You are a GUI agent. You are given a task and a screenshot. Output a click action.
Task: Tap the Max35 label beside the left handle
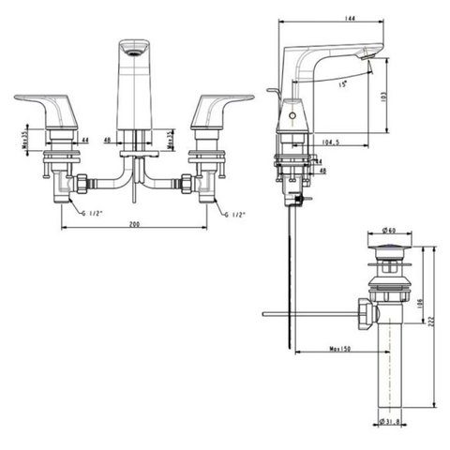tap(23, 139)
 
